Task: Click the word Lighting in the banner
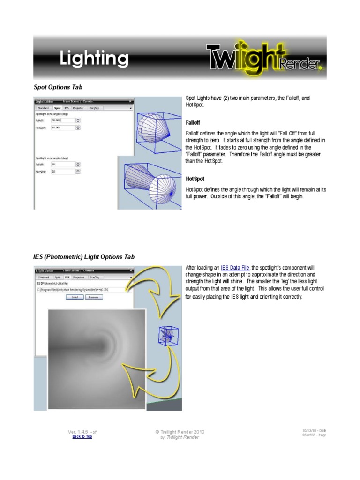click(x=94, y=59)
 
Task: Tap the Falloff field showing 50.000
click(x=63, y=120)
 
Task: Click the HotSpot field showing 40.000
click(x=63, y=127)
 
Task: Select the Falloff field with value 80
click(x=63, y=165)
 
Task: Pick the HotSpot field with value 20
click(x=63, y=172)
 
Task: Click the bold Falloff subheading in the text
click(x=194, y=122)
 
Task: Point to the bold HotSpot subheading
click(x=195, y=179)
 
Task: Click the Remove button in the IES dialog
click(x=94, y=297)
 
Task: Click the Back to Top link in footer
click(x=82, y=436)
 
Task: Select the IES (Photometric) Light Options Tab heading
click(x=84, y=257)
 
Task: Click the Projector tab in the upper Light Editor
click(x=78, y=108)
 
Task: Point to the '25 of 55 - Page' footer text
click(x=314, y=435)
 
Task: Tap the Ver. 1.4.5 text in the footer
click(x=82, y=431)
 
